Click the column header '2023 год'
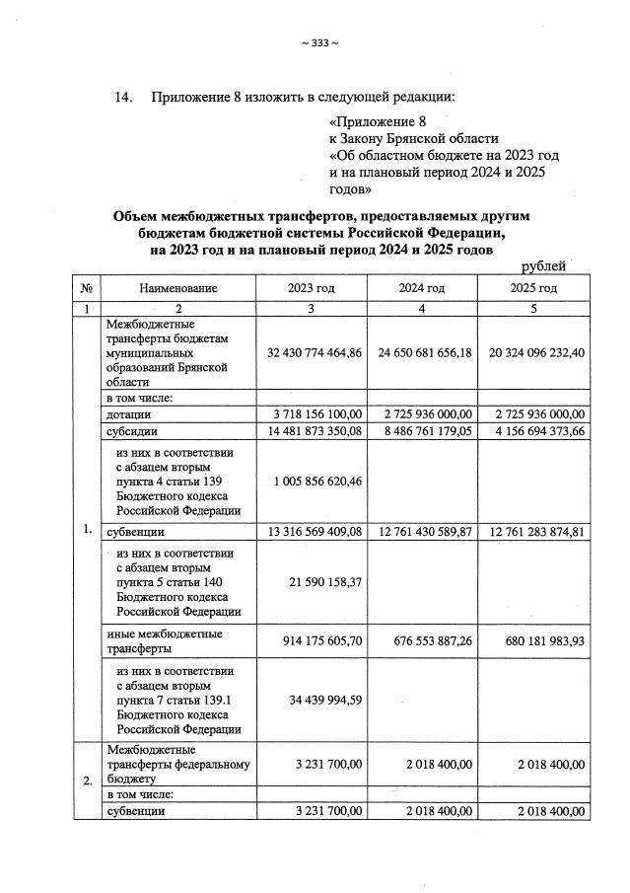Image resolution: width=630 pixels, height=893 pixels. tap(311, 288)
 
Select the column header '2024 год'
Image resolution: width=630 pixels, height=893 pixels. tap(421, 288)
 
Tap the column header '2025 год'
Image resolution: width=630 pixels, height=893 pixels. tap(532, 288)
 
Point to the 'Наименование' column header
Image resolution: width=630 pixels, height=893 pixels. tap(178, 288)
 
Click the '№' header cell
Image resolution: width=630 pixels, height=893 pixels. tap(87, 288)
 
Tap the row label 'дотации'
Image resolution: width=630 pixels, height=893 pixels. tap(129, 413)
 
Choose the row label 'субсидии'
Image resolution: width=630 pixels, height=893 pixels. tap(132, 430)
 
